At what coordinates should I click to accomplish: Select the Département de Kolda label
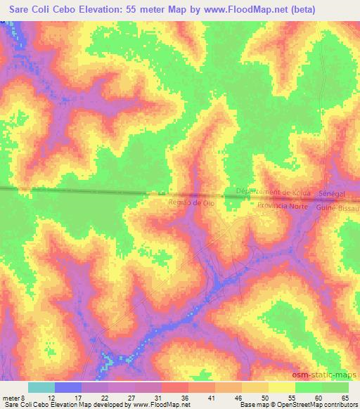pos(274,192)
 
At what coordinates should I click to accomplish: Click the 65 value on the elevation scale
pos(346,398)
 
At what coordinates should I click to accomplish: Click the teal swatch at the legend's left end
pos(41,387)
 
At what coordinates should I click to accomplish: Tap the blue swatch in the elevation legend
pos(68,387)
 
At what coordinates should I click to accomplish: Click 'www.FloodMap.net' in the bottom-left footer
pos(155,405)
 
